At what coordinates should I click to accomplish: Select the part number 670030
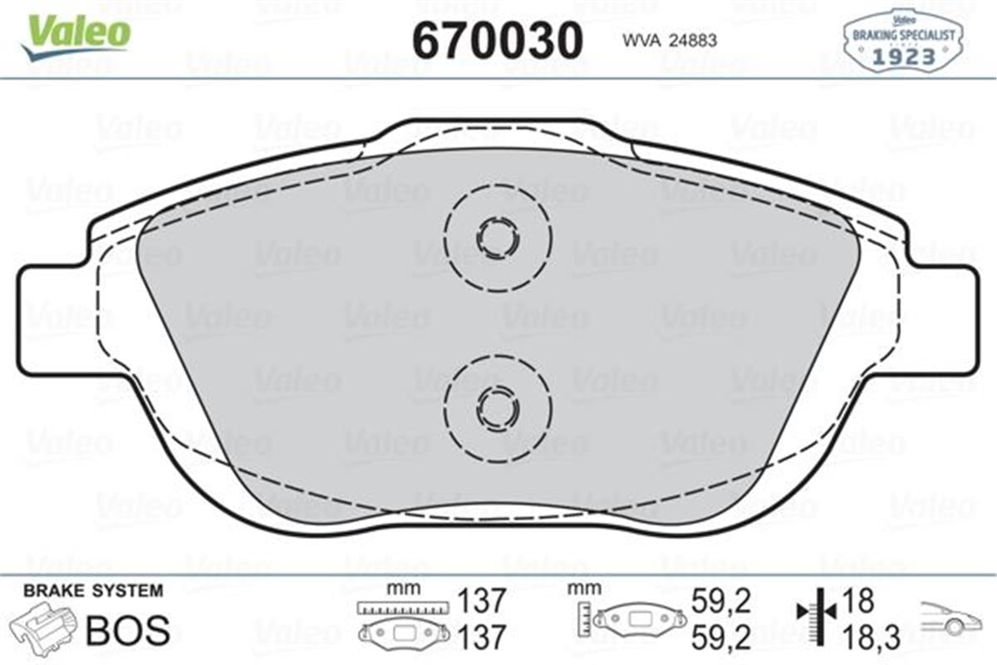[497, 39]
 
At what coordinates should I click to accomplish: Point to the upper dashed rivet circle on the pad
[497, 239]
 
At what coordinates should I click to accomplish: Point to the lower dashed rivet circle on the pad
[497, 406]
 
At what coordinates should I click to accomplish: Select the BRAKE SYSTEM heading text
[93, 591]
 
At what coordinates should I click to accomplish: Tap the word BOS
[128, 631]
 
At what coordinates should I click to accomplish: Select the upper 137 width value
[482, 599]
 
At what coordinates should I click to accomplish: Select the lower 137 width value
[482, 637]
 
